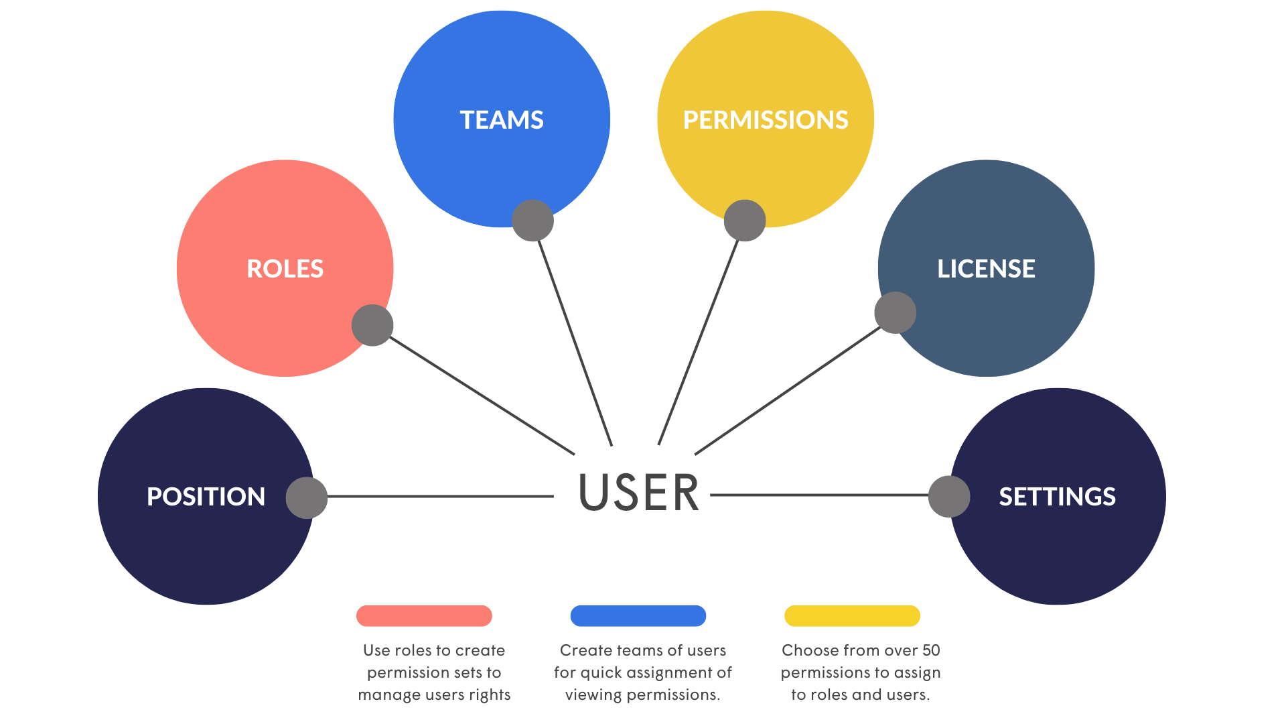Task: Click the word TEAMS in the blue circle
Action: [501, 120]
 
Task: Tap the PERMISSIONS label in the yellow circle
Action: [765, 120]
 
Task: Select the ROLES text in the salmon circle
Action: [285, 269]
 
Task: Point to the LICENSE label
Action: [985, 269]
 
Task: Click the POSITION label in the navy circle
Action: [206, 497]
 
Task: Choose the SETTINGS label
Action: [1056, 497]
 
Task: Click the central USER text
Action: [638, 493]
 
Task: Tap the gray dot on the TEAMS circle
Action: [532, 221]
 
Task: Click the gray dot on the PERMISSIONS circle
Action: [744, 221]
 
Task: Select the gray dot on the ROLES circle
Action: [372, 326]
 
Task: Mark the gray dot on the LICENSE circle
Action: [895, 312]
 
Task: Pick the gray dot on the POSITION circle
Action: [306, 497]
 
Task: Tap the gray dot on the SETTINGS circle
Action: [948, 496]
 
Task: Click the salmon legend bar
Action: [424, 615]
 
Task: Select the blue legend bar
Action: [638, 615]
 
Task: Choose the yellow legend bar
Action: [852, 615]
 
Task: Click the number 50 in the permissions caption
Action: [931, 650]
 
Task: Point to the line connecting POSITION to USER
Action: [439, 497]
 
